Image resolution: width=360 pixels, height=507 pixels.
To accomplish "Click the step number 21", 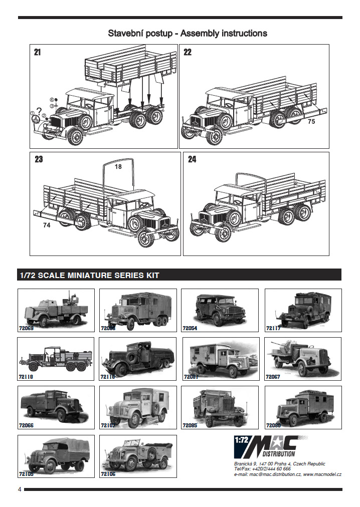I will click(38, 52).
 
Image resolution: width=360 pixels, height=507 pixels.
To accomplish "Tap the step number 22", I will click(188, 52).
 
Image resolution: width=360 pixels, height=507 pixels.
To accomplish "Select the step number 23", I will click(39, 160).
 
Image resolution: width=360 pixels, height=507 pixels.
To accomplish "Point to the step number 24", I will click(192, 160).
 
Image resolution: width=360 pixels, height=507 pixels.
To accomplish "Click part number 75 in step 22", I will click(311, 122).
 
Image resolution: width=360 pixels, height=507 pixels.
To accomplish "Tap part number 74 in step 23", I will click(47, 225).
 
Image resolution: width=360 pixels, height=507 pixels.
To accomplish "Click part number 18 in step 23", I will click(118, 167).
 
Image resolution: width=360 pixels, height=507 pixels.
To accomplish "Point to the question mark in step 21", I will click(39, 111).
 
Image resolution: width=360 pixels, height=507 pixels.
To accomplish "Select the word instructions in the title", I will click(242, 34).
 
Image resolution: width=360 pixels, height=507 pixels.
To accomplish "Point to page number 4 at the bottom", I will click(20, 489).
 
